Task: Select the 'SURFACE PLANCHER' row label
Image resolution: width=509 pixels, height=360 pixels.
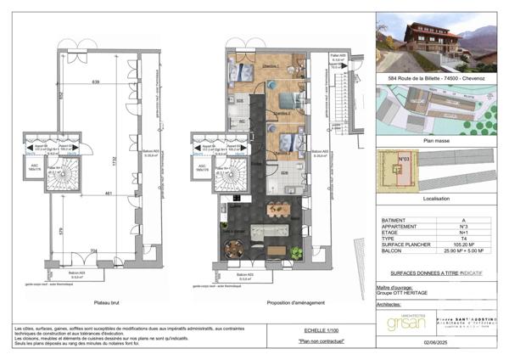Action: (x=406, y=245)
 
